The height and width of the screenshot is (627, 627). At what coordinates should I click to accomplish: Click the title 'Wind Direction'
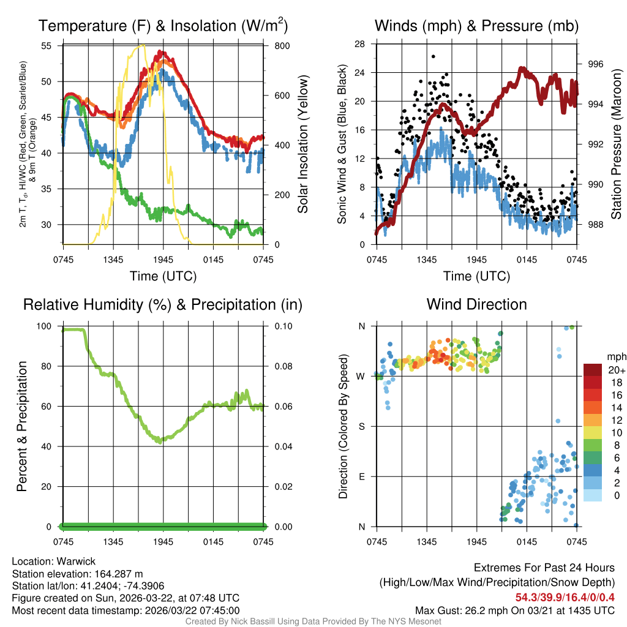pos(476,304)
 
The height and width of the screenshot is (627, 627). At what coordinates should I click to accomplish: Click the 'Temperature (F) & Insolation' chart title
pos(163,26)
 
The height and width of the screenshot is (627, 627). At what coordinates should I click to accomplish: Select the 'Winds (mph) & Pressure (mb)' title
pos(476,26)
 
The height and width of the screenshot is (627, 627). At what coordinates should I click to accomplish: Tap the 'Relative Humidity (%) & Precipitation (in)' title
pos(163,304)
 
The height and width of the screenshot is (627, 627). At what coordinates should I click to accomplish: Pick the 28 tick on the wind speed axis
pos(359,43)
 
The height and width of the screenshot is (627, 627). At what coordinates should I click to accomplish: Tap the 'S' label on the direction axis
pos(362,426)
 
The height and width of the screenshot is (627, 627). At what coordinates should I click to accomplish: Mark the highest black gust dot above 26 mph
pos(433,56)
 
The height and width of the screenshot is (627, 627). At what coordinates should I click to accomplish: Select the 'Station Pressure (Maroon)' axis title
pos(617,147)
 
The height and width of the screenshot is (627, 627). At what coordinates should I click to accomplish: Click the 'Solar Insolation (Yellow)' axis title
pos(302,145)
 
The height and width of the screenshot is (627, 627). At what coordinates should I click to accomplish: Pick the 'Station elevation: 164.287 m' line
pos(77,573)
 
